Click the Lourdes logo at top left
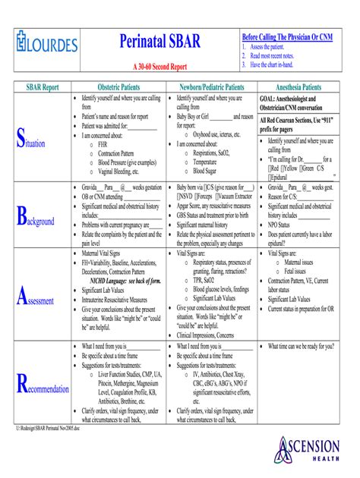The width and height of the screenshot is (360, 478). (47, 44)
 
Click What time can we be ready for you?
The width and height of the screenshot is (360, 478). (302, 346)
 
